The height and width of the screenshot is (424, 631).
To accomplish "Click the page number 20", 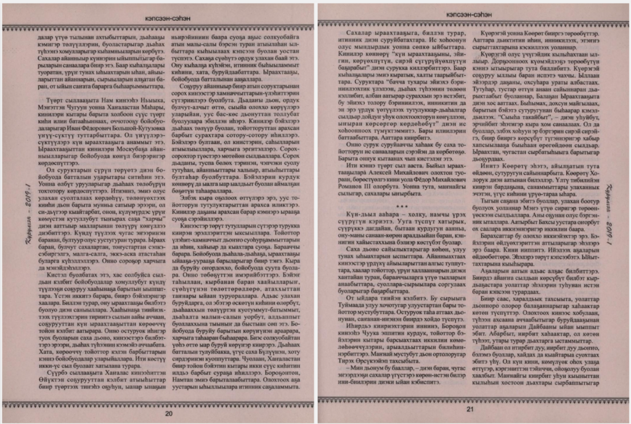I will click(168, 413).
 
